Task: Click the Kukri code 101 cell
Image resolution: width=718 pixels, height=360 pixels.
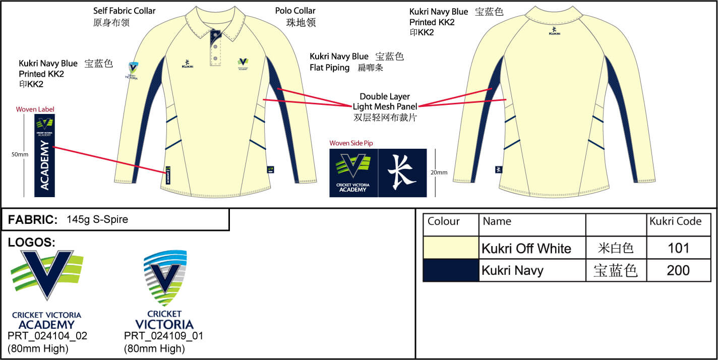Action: click(678, 248)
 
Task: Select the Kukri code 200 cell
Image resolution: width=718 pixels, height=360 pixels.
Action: click(678, 270)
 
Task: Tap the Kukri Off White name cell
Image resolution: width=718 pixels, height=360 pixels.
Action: click(526, 249)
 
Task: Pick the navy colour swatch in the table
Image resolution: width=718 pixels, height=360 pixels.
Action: click(450, 270)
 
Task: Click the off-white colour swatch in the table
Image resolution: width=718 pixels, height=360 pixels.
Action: click(450, 248)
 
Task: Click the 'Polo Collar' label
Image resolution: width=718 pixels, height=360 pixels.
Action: click(295, 11)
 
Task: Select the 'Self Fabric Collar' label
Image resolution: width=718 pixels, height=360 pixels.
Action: click(125, 11)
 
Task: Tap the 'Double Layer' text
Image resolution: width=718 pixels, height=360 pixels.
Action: click(385, 96)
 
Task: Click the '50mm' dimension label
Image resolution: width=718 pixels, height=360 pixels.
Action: click(20, 154)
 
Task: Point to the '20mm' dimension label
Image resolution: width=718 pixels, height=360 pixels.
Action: click(439, 172)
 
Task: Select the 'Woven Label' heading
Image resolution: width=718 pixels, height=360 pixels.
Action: click(35, 109)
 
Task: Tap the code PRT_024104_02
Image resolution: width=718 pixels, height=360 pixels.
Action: click(47, 336)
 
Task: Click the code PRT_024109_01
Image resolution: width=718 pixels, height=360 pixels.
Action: click(163, 336)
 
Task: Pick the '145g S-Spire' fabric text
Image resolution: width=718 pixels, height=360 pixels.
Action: click(97, 219)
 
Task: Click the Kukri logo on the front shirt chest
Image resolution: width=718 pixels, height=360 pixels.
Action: click(188, 64)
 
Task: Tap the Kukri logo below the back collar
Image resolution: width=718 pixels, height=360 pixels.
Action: click(554, 31)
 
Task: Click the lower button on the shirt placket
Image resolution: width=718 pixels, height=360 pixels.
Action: click(215, 58)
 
